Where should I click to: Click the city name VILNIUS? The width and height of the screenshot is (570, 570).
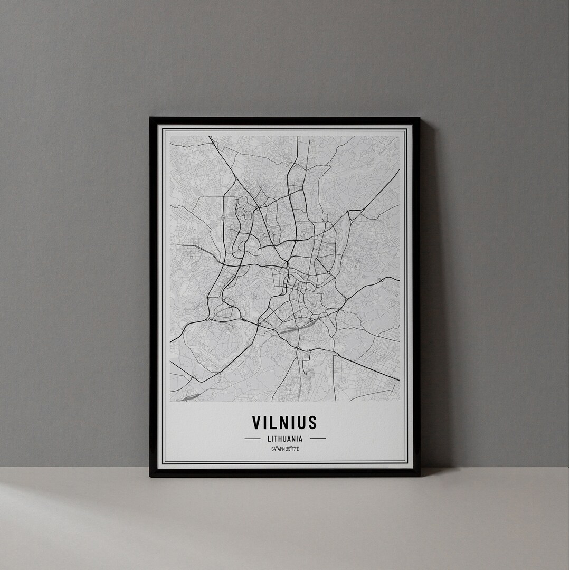284,422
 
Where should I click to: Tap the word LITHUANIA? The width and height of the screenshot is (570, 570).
284,438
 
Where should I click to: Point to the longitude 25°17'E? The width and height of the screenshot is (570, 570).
292,449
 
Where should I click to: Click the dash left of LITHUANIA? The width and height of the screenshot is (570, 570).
252,438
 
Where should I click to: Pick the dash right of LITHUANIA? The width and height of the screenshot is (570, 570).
317,438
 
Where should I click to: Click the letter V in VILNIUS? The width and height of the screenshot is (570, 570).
257,422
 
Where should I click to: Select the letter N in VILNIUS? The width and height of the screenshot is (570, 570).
283,422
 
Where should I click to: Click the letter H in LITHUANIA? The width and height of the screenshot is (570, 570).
279,438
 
